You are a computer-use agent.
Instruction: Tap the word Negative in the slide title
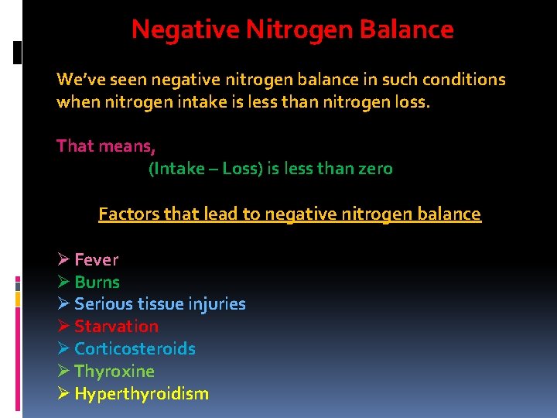(186, 29)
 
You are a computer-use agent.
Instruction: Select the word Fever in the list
(96, 260)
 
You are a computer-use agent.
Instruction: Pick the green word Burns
(97, 283)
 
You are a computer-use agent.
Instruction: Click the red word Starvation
(116, 327)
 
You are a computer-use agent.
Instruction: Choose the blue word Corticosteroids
(135, 349)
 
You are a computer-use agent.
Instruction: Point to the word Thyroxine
(114, 372)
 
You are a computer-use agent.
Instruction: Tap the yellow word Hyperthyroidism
(142, 394)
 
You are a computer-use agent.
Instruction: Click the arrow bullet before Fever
(63, 260)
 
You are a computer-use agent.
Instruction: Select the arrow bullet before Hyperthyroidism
(63, 394)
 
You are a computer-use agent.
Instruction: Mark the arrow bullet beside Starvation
(63, 327)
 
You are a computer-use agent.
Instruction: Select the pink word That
(73, 146)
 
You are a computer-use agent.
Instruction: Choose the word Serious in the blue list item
(100, 304)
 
